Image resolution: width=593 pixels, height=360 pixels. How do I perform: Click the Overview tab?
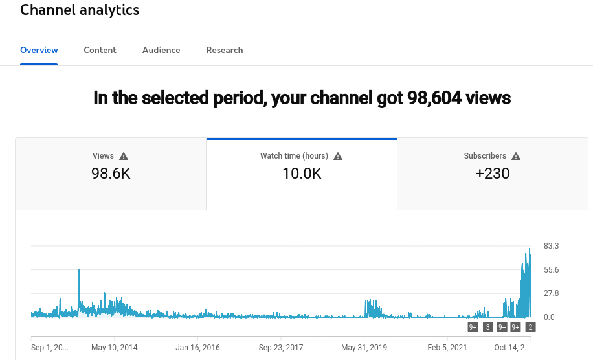39,50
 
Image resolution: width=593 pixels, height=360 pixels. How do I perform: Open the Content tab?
100,50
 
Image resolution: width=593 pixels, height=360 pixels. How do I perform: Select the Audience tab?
161,50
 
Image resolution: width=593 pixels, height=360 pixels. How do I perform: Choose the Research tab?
225,50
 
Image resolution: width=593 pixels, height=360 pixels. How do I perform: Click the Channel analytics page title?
80,10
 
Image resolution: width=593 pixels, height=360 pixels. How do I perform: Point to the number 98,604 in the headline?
434,98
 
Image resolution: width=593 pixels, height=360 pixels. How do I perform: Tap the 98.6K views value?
111,174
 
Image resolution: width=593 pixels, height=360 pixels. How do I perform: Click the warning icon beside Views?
124,156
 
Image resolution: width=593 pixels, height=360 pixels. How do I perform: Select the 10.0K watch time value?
302,174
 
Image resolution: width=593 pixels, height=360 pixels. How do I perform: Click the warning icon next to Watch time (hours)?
338,156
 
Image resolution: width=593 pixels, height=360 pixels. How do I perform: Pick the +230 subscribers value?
492,174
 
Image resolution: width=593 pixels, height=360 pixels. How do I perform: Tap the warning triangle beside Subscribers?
516,156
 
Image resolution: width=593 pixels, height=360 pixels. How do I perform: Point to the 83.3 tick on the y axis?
551,246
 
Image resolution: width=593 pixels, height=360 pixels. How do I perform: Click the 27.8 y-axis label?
551,293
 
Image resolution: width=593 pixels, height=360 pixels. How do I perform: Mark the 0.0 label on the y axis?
549,317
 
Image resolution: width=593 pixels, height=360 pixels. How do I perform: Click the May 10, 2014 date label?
114,348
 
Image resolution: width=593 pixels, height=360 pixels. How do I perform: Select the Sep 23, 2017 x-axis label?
281,348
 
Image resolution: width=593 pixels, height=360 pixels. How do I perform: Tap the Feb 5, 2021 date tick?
447,348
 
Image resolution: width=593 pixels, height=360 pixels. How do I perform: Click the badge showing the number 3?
487,327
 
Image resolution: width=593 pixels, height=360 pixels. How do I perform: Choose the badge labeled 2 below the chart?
530,327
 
